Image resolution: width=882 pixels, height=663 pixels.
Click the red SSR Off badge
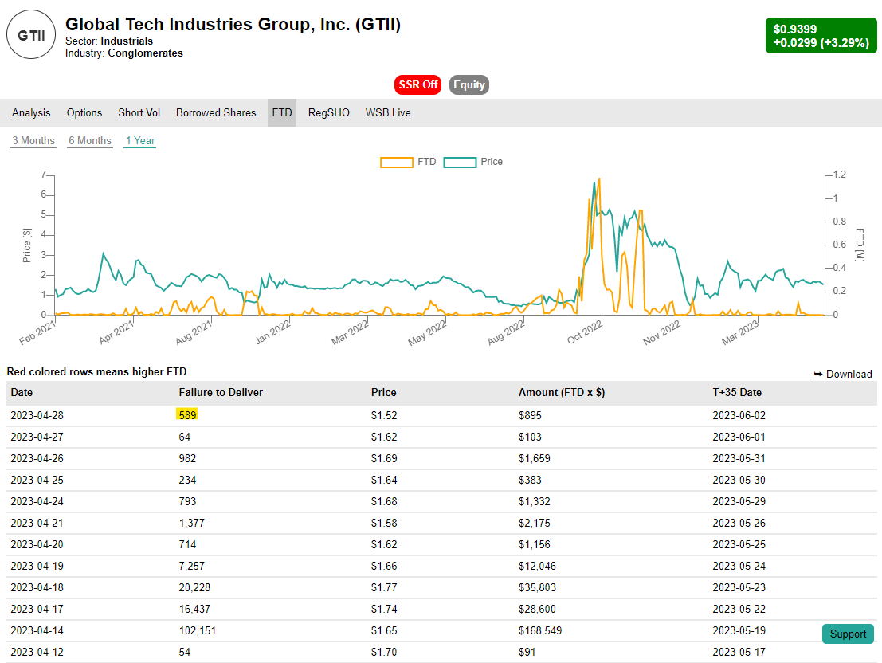pyautogui.click(x=417, y=85)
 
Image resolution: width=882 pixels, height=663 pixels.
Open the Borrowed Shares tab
pyautogui.click(x=216, y=113)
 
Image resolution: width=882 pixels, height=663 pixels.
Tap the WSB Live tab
pyautogui.click(x=388, y=113)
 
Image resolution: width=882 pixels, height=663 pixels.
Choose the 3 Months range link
pyautogui.click(x=33, y=141)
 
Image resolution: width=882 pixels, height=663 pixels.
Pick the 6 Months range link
pyautogui.click(x=90, y=141)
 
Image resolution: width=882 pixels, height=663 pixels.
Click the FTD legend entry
pyautogui.click(x=408, y=162)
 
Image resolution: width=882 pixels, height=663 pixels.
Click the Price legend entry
pyautogui.click(x=473, y=162)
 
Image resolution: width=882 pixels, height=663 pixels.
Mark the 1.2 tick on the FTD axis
pyautogui.click(x=839, y=175)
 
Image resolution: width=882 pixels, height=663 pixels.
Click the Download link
pyautogui.click(x=842, y=374)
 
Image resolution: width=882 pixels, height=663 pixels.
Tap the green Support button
pyautogui.click(x=848, y=634)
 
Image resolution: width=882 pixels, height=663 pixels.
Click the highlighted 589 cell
pyautogui.click(x=187, y=415)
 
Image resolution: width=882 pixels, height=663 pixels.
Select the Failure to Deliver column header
pyautogui.click(x=221, y=393)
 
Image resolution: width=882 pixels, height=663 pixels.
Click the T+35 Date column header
pyautogui.click(x=737, y=393)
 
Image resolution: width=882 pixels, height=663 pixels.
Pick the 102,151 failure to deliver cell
pyautogui.click(x=198, y=630)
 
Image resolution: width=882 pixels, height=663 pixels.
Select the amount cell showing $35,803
pyautogui.click(x=537, y=587)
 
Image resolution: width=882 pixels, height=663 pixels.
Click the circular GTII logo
pyautogui.click(x=32, y=35)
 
